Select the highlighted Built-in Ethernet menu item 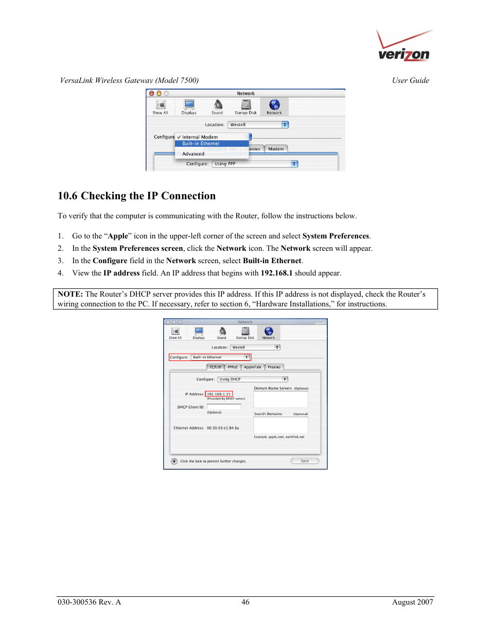[201, 144]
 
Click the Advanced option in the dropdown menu [193, 154]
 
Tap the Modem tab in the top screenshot [276, 149]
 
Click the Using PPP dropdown [255, 164]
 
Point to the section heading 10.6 [136, 196]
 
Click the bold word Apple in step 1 [118, 236]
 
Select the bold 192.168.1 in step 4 [276, 273]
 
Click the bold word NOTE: [71, 294]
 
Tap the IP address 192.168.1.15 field [219, 394]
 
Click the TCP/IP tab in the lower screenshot [215, 367]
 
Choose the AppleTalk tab [253, 367]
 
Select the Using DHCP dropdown [252, 379]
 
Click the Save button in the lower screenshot [305, 461]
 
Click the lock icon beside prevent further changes [174, 461]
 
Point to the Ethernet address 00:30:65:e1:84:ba [223, 428]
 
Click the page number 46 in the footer [246, 602]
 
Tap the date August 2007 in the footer [412, 602]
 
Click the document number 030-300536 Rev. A [89, 602]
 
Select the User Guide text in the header [410, 80]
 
